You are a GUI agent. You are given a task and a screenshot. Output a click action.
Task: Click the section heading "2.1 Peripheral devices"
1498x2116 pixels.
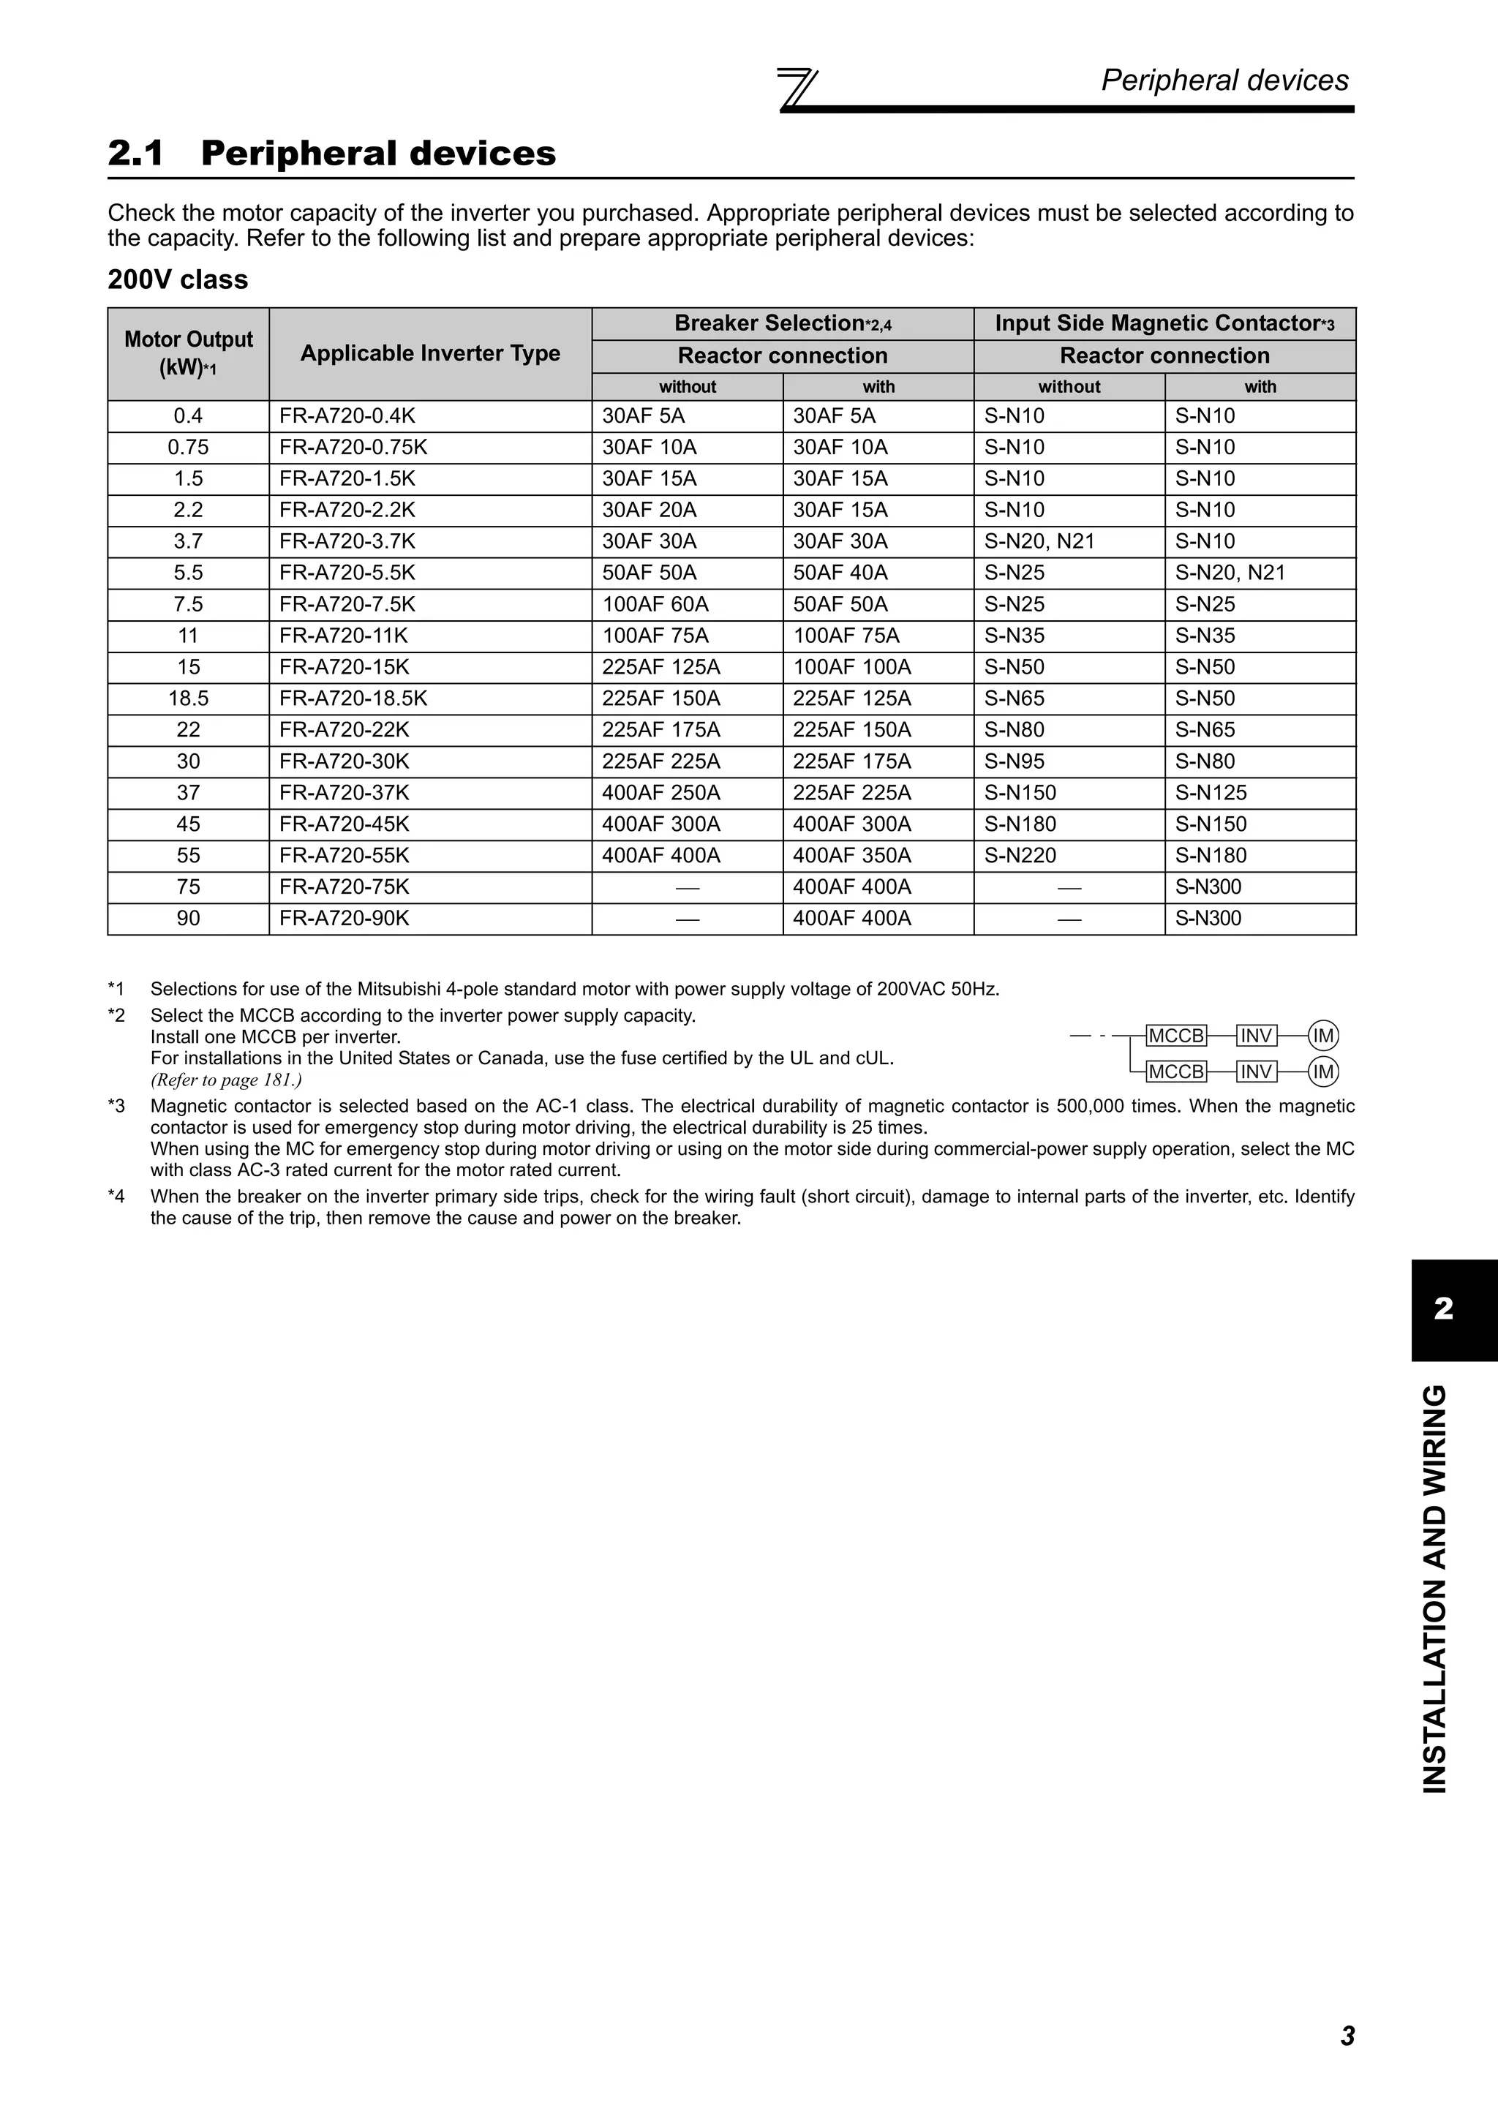click(332, 153)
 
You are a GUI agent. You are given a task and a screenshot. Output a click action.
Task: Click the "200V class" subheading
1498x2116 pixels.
click(177, 279)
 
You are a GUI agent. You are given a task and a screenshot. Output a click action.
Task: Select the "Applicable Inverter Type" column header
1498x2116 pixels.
click(430, 353)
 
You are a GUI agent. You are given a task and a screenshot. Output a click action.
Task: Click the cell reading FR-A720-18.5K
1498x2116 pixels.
click(353, 699)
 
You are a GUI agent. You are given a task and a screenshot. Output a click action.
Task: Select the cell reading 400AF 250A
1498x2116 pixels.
click(660, 792)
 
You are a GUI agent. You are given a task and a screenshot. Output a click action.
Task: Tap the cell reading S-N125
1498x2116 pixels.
click(1211, 792)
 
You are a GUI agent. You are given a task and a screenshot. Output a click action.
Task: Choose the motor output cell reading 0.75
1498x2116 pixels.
click(188, 448)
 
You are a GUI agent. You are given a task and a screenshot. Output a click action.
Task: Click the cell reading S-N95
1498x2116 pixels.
click(1014, 761)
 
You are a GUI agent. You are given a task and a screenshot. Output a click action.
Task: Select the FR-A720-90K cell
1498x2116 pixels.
click(344, 918)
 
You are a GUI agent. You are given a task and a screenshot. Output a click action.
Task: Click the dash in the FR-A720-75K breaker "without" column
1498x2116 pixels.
click(688, 887)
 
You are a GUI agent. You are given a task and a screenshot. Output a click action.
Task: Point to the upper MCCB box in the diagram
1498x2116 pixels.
click(1175, 1036)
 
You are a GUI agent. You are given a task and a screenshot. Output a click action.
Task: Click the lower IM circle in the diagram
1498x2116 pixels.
click(1324, 1071)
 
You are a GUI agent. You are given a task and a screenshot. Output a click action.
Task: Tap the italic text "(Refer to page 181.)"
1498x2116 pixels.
click(226, 1080)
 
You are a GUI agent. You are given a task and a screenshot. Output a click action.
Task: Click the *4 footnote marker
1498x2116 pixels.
click(116, 1197)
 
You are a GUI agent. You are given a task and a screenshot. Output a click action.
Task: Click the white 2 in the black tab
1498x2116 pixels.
click(1444, 1308)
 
